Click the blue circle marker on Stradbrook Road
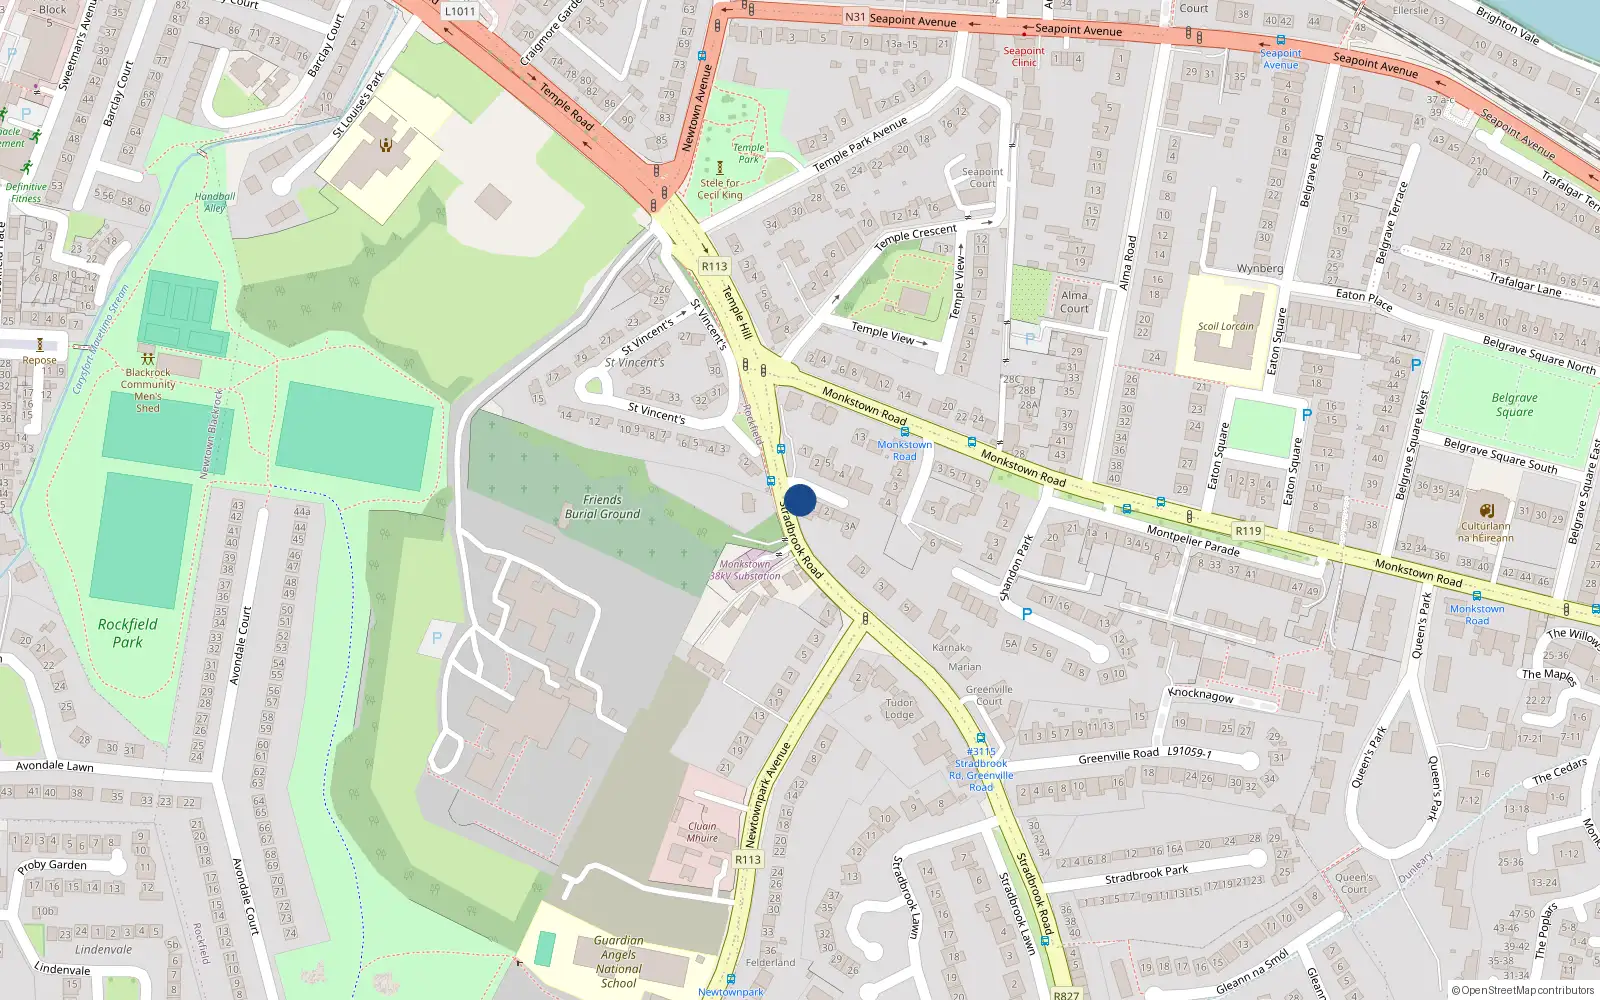click(800, 500)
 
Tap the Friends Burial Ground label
click(602, 507)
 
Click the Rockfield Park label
click(127, 633)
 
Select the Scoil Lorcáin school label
click(1225, 326)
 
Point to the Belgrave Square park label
click(1514, 405)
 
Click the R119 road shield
click(1248, 531)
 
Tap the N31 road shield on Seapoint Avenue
click(855, 17)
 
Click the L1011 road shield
click(459, 11)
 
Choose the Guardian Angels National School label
click(618, 961)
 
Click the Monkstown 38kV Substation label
click(745, 570)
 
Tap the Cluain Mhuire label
click(702, 832)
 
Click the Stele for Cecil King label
click(720, 189)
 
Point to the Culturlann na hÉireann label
click(1486, 531)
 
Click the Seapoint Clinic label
click(1024, 56)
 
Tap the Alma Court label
click(1074, 301)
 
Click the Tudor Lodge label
click(899, 708)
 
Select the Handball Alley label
click(215, 202)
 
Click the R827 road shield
click(1066, 994)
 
